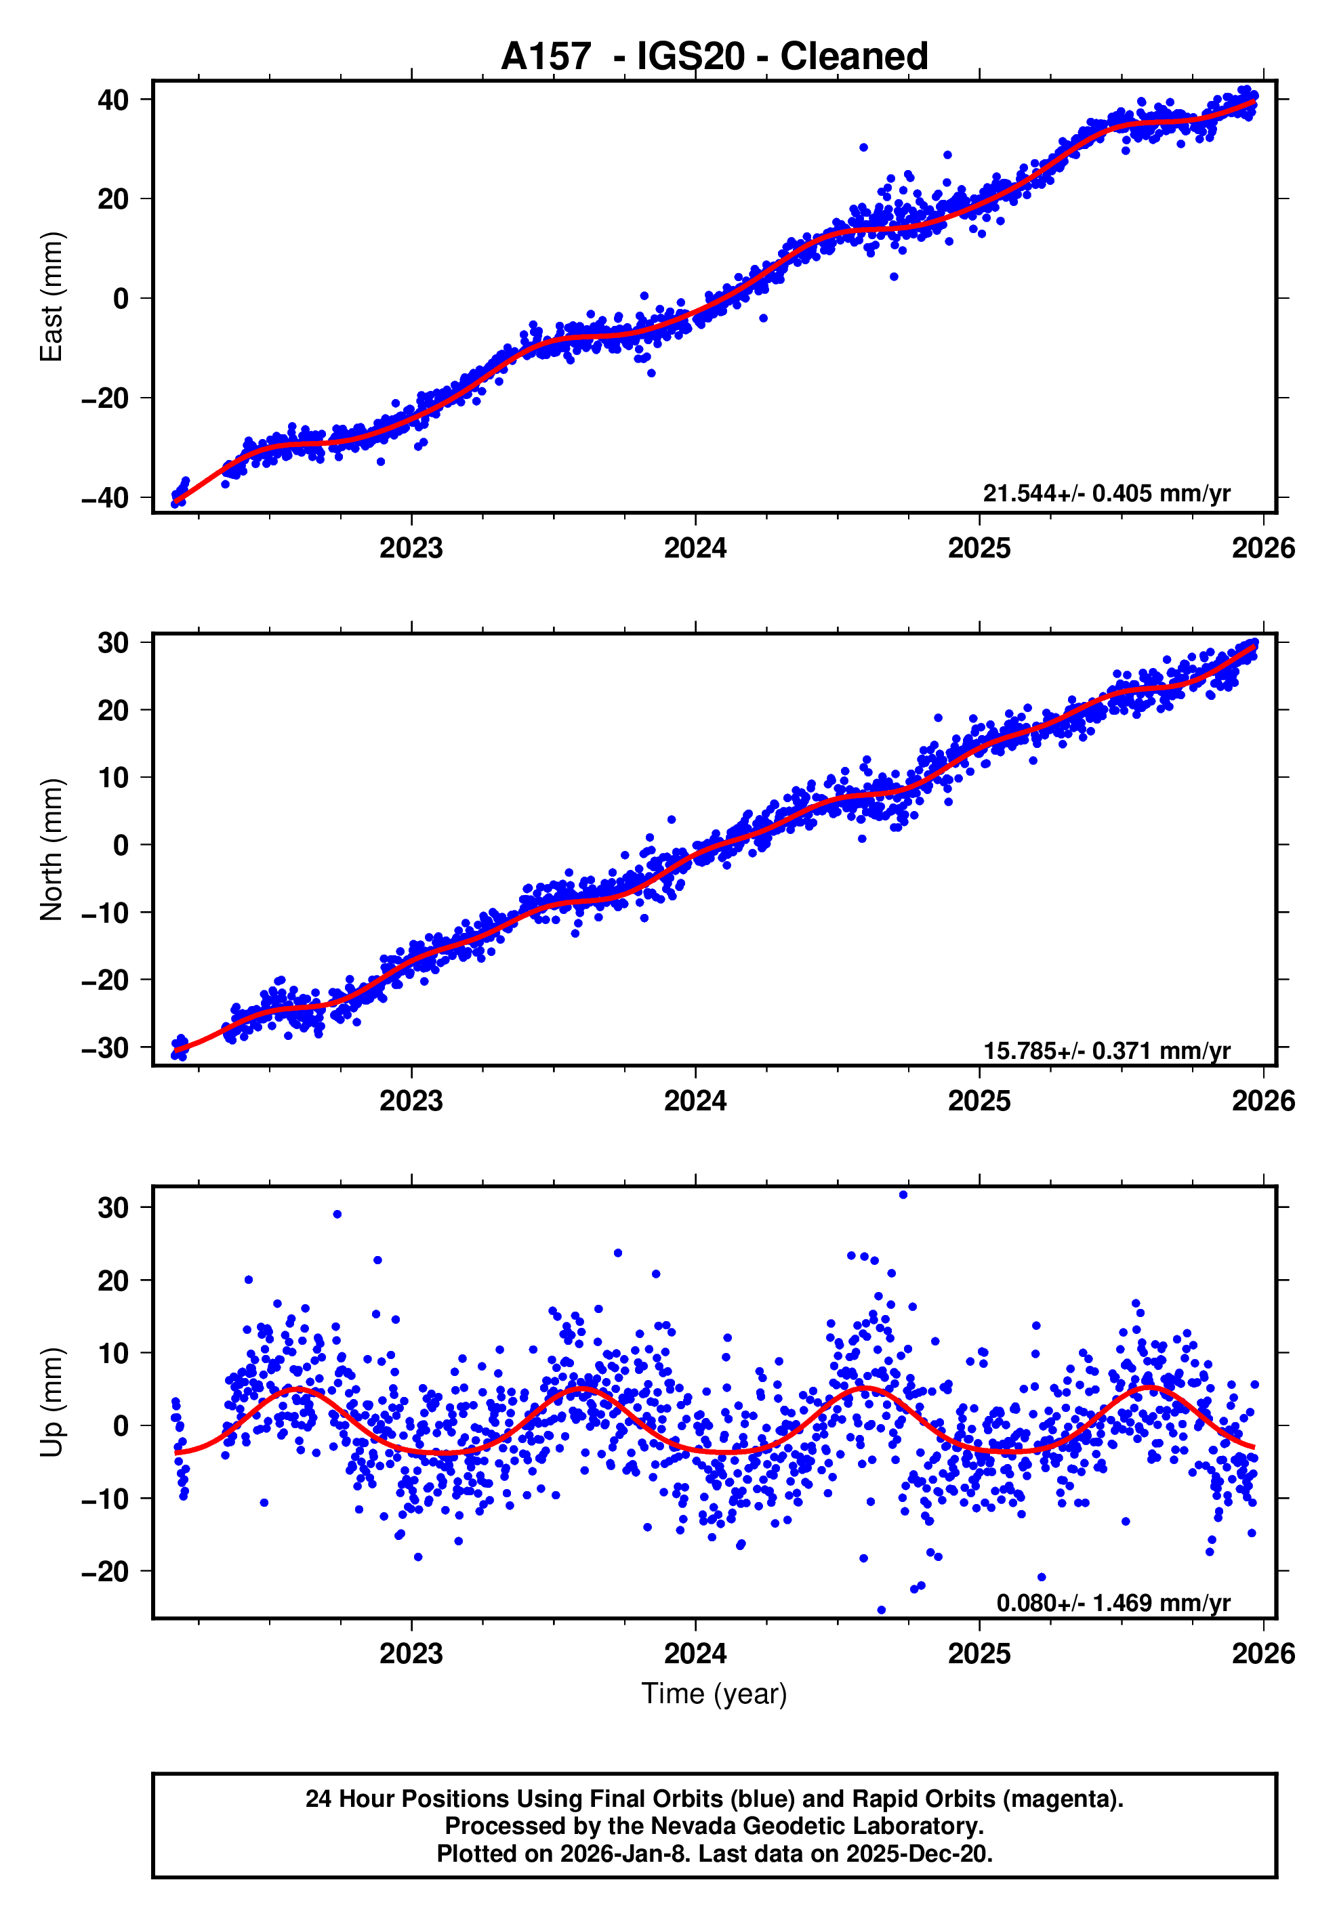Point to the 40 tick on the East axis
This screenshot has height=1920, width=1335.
[113, 100]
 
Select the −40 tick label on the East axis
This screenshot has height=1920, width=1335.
[106, 499]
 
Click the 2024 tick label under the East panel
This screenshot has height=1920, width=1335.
[695, 549]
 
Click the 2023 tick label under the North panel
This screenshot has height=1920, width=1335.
[411, 1102]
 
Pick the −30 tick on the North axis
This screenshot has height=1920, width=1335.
[106, 1048]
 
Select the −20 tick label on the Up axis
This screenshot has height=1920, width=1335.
[106, 1572]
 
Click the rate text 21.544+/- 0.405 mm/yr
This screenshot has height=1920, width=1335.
[1106, 493]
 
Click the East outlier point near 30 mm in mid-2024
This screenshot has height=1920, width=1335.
[863, 147]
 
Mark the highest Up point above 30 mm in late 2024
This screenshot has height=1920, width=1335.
[903, 1195]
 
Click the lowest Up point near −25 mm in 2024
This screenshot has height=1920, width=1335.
[881, 1610]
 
